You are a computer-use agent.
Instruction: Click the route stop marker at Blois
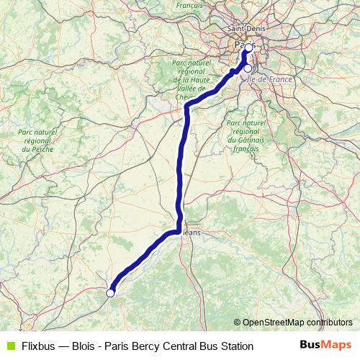(110, 293)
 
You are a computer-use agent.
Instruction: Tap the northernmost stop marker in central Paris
(248, 48)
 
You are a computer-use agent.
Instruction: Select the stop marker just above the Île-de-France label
(248, 68)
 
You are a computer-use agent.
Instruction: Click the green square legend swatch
(9, 346)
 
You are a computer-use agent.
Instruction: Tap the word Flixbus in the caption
(40, 346)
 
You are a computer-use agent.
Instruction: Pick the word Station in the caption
(235, 346)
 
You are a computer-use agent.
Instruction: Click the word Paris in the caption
(117, 346)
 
